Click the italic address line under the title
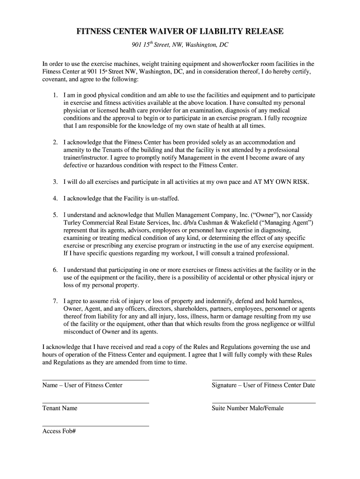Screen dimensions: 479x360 click(180, 45)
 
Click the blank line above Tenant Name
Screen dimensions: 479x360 click(95, 403)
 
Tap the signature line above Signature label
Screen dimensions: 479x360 click(264, 380)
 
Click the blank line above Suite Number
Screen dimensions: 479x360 click(264, 403)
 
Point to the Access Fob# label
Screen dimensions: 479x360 click(59, 431)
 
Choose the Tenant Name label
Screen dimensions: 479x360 click(60, 408)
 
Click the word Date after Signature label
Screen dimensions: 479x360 click(309, 385)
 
